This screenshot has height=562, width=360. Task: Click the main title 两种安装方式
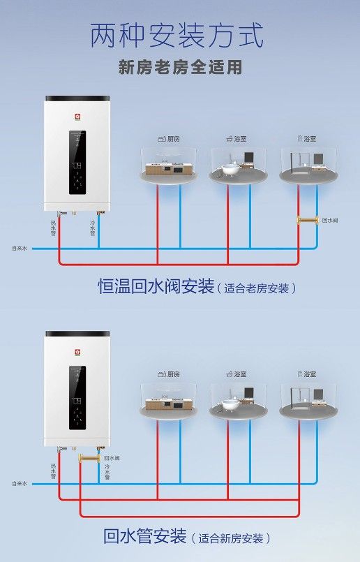[x=177, y=36]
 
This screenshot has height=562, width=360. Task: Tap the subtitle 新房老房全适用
[x=180, y=68]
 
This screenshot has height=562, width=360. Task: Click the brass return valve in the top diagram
[x=308, y=220]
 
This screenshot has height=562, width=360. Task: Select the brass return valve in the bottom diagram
[x=89, y=458]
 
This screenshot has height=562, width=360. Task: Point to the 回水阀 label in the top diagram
[x=330, y=220]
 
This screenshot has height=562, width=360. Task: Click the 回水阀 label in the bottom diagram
[x=112, y=458]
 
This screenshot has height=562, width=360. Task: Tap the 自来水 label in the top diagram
[x=20, y=248]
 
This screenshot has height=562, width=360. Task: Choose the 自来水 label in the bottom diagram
[x=20, y=484]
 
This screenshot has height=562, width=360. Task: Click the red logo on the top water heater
[x=77, y=117]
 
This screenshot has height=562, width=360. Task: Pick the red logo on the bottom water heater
[x=77, y=352]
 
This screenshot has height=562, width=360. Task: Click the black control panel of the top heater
[x=77, y=163]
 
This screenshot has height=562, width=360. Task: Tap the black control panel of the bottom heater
[x=77, y=398]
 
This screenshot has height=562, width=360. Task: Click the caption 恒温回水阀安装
[x=156, y=287]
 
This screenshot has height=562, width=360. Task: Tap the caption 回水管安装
[x=145, y=536]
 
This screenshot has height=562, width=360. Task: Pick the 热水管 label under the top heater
[x=53, y=228]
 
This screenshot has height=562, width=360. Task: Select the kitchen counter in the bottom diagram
[x=169, y=405]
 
